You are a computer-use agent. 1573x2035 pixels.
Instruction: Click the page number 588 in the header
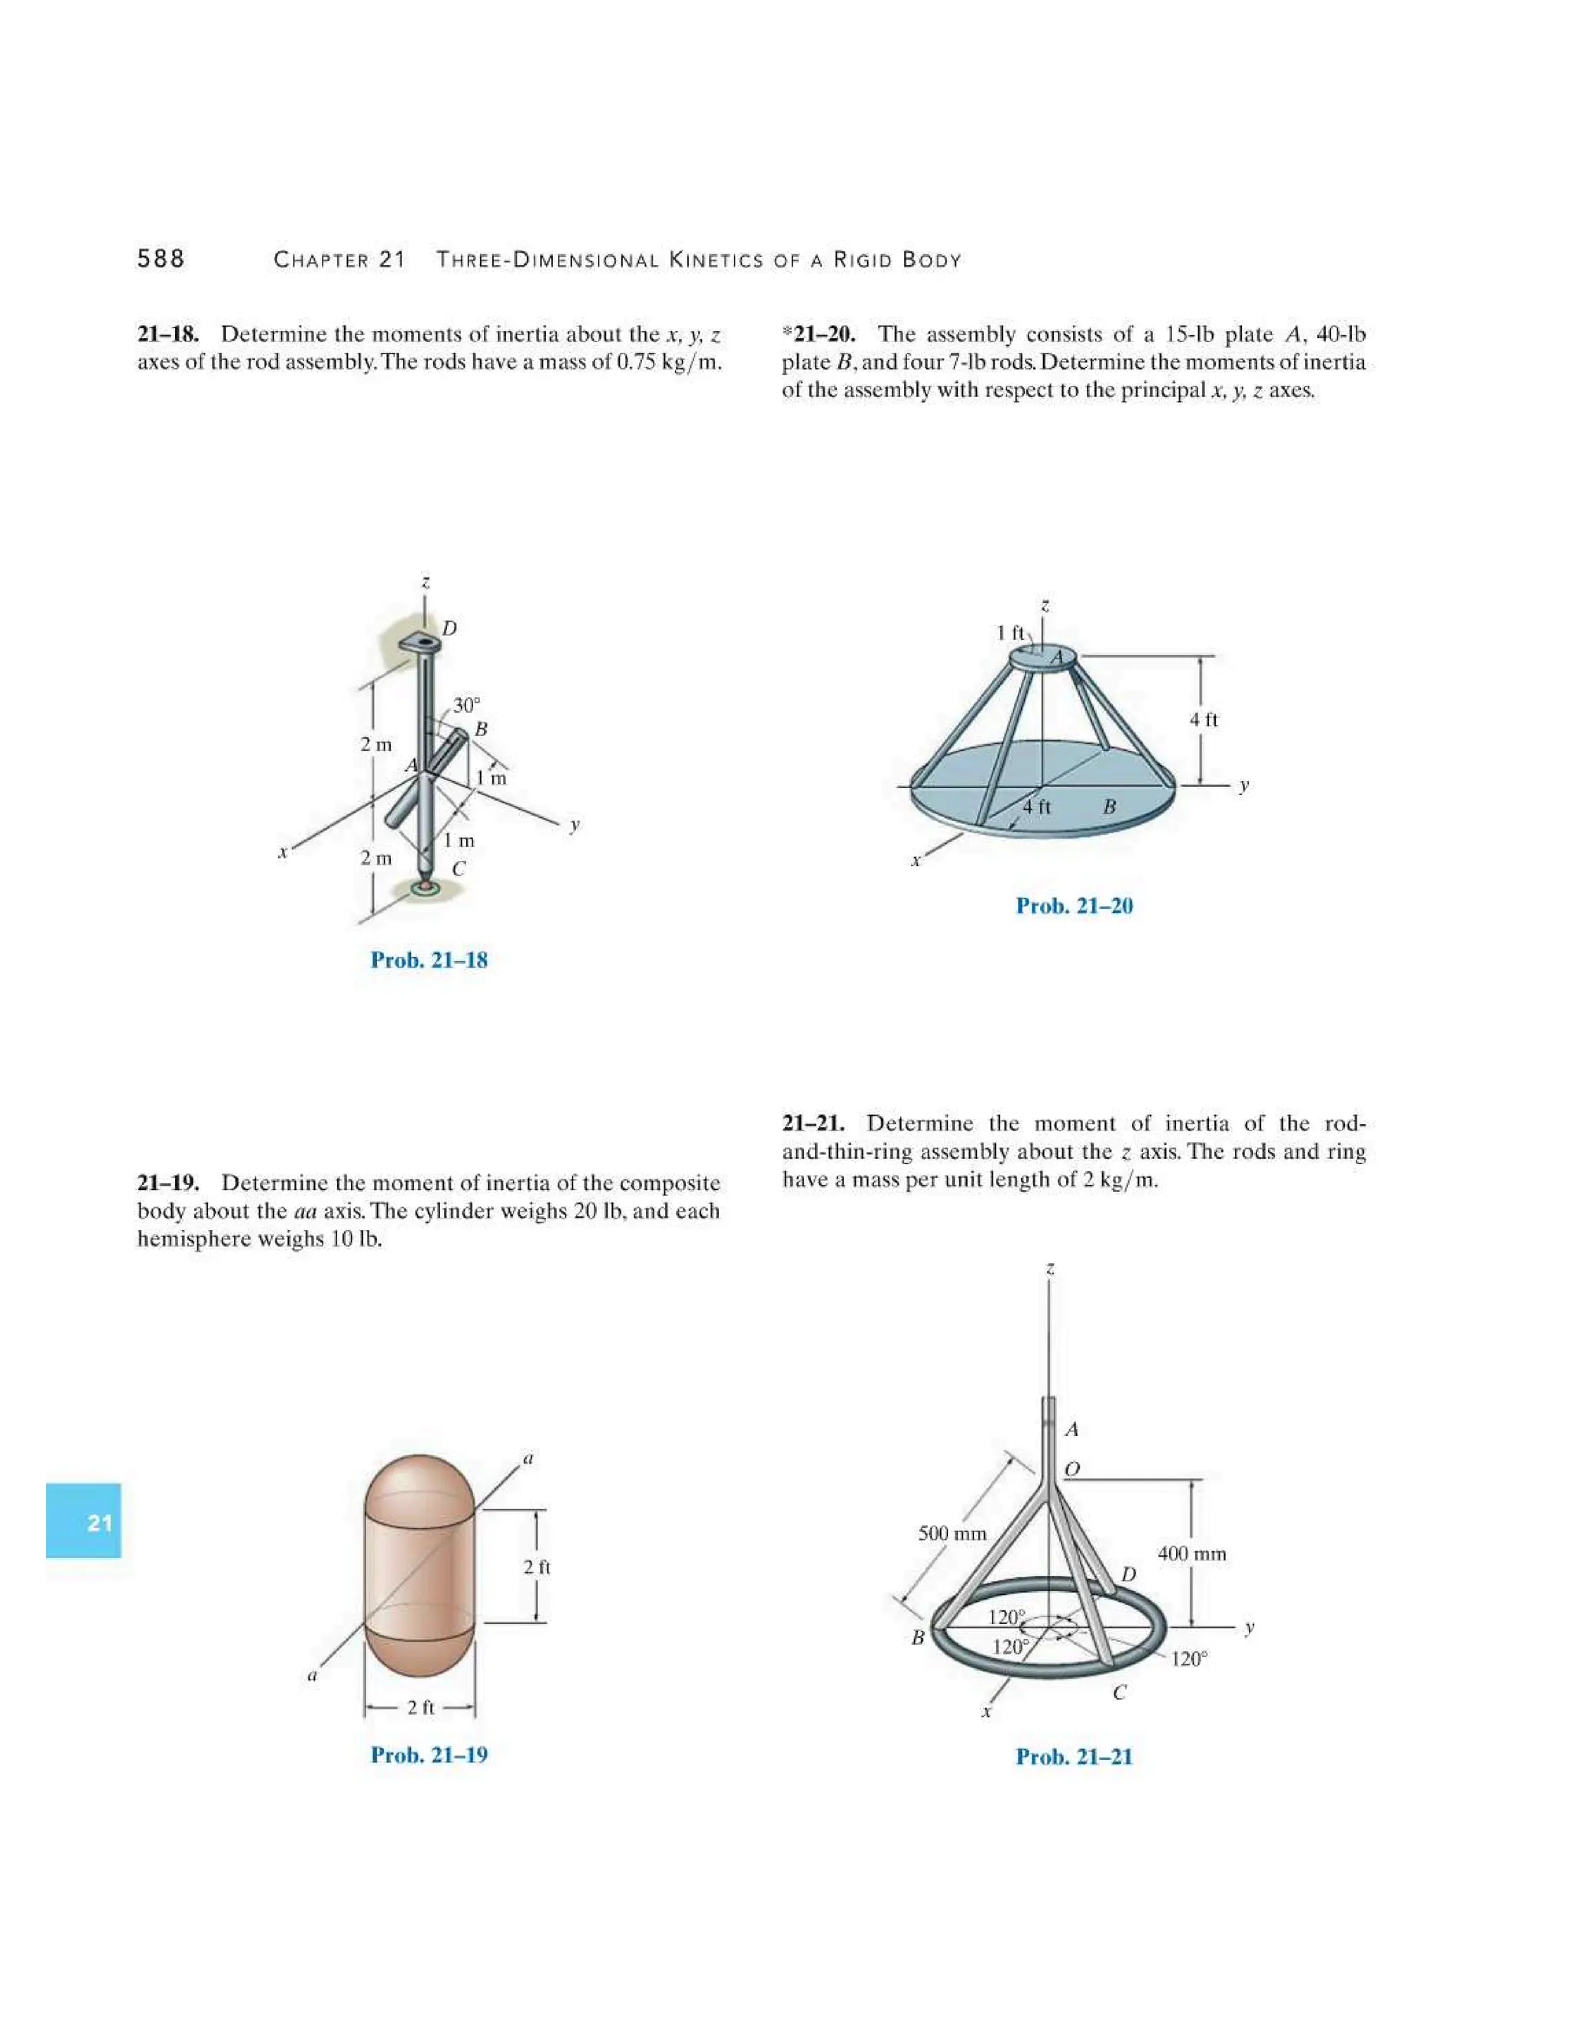[x=161, y=259]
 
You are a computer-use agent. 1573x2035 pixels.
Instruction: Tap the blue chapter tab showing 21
[x=84, y=1523]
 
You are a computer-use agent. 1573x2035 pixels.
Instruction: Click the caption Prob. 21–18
[x=429, y=960]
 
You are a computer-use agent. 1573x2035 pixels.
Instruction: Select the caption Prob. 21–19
[x=429, y=1755]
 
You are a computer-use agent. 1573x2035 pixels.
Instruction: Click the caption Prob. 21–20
[x=1074, y=905]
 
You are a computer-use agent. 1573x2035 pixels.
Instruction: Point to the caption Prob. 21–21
[x=1074, y=1756]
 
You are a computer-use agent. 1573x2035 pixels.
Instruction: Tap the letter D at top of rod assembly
[x=449, y=628]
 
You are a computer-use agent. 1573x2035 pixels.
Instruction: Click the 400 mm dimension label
[x=1192, y=1554]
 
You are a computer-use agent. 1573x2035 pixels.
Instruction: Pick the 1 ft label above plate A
[x=1010, y=633]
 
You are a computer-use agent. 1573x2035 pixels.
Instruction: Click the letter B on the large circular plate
[x=1109, y=806]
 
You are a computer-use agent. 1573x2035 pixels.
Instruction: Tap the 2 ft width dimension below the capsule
[x=420, y=1707]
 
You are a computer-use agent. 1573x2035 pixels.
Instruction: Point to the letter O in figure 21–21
[x=1071, y=1469]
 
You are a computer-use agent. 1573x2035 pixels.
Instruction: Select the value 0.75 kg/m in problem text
[x=670, y=362]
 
